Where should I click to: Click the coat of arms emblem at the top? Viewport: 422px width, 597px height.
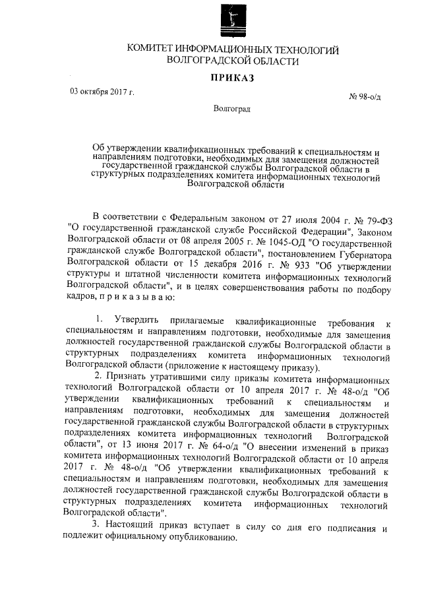(x=233, y=20)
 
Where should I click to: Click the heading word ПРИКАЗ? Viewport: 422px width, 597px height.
(x=232, y=78)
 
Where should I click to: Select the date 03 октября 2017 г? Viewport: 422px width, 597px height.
(x=102, y=91)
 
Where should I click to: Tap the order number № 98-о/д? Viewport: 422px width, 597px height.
(x=365, y=97)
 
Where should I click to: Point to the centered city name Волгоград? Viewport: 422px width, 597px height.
(x=232, y=109)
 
